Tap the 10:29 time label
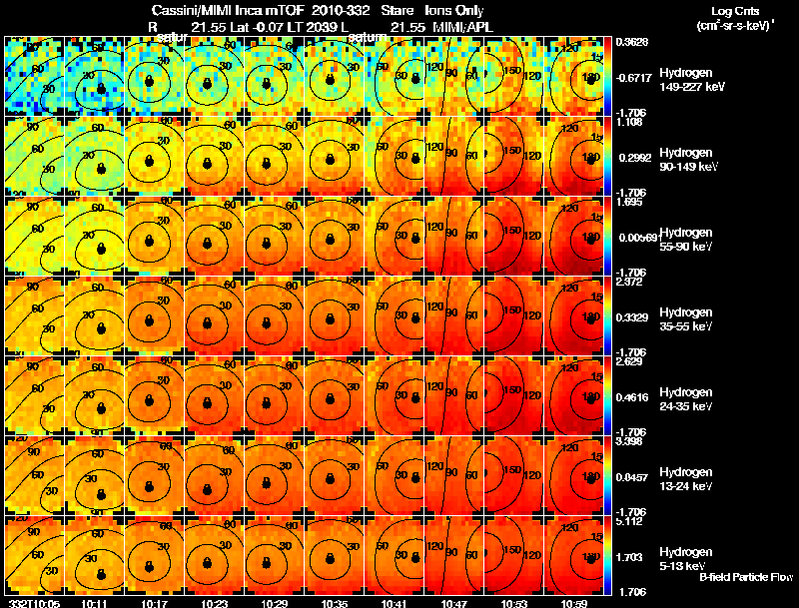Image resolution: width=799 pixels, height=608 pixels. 274,602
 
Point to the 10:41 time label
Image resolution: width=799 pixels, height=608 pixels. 394,602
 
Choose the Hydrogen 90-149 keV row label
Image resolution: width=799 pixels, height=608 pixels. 685,160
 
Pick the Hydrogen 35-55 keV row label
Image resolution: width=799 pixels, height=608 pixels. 685,319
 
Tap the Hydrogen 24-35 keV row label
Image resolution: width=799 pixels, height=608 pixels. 685,399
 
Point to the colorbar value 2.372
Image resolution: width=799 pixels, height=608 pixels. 631,283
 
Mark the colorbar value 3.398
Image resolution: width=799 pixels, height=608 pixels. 631,442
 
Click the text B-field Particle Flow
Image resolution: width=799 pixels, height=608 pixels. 745,578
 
